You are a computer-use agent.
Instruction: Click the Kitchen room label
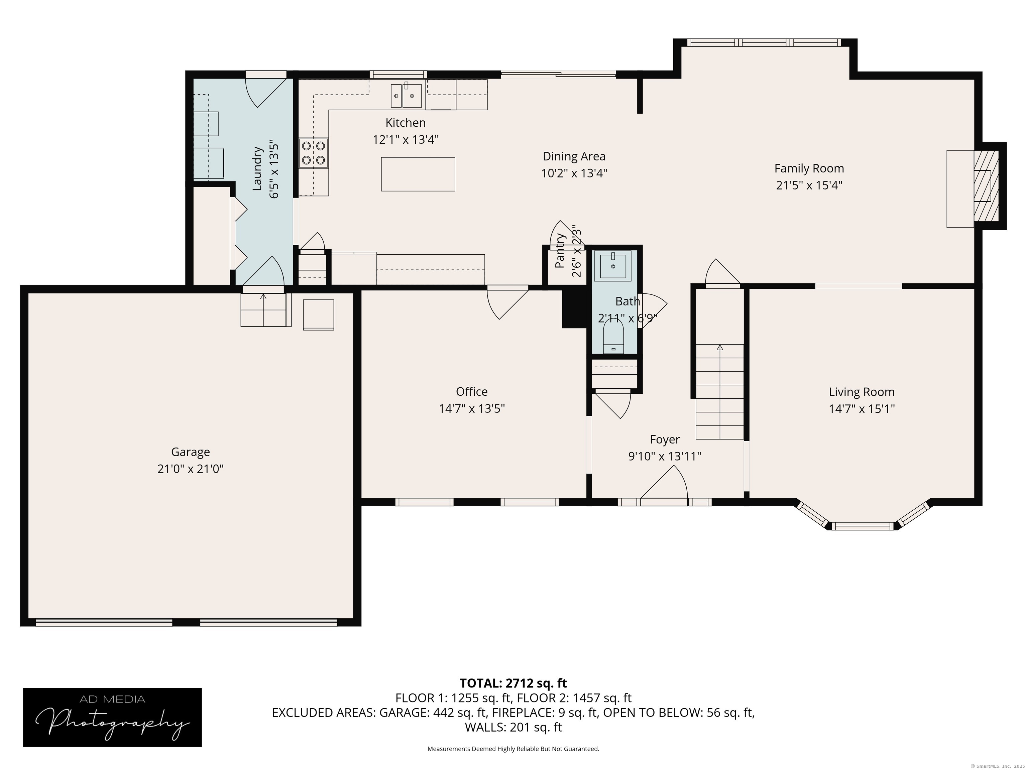point(405,123)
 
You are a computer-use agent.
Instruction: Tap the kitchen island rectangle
point(418,174)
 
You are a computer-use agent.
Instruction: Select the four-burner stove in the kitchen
point(313,153)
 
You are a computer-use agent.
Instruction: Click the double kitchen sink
point(406,96)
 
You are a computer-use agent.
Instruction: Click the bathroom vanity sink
point(613,266)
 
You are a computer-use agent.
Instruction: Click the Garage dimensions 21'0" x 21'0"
point(190,469)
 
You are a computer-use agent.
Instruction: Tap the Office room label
point(472,391)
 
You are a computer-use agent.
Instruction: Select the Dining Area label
point(574,156)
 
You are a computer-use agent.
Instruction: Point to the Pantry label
point(560,251)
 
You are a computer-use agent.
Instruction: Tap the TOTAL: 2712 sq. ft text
point(513,683)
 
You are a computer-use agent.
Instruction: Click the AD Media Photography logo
point(112,717)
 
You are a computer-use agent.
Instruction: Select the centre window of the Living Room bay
point(862,526)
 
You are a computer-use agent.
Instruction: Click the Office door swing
point(507,304)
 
